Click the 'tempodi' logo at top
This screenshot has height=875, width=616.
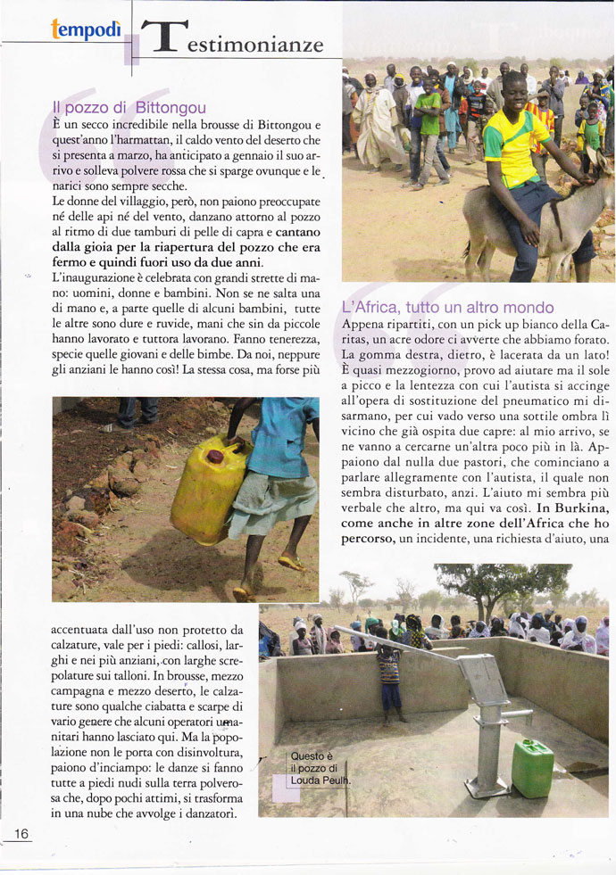coord(87,29)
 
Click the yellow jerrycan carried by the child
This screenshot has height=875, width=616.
coord(207,477)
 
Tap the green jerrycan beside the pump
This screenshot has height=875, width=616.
coord(533,768)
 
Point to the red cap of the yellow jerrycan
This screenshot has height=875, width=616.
coord(215,457)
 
